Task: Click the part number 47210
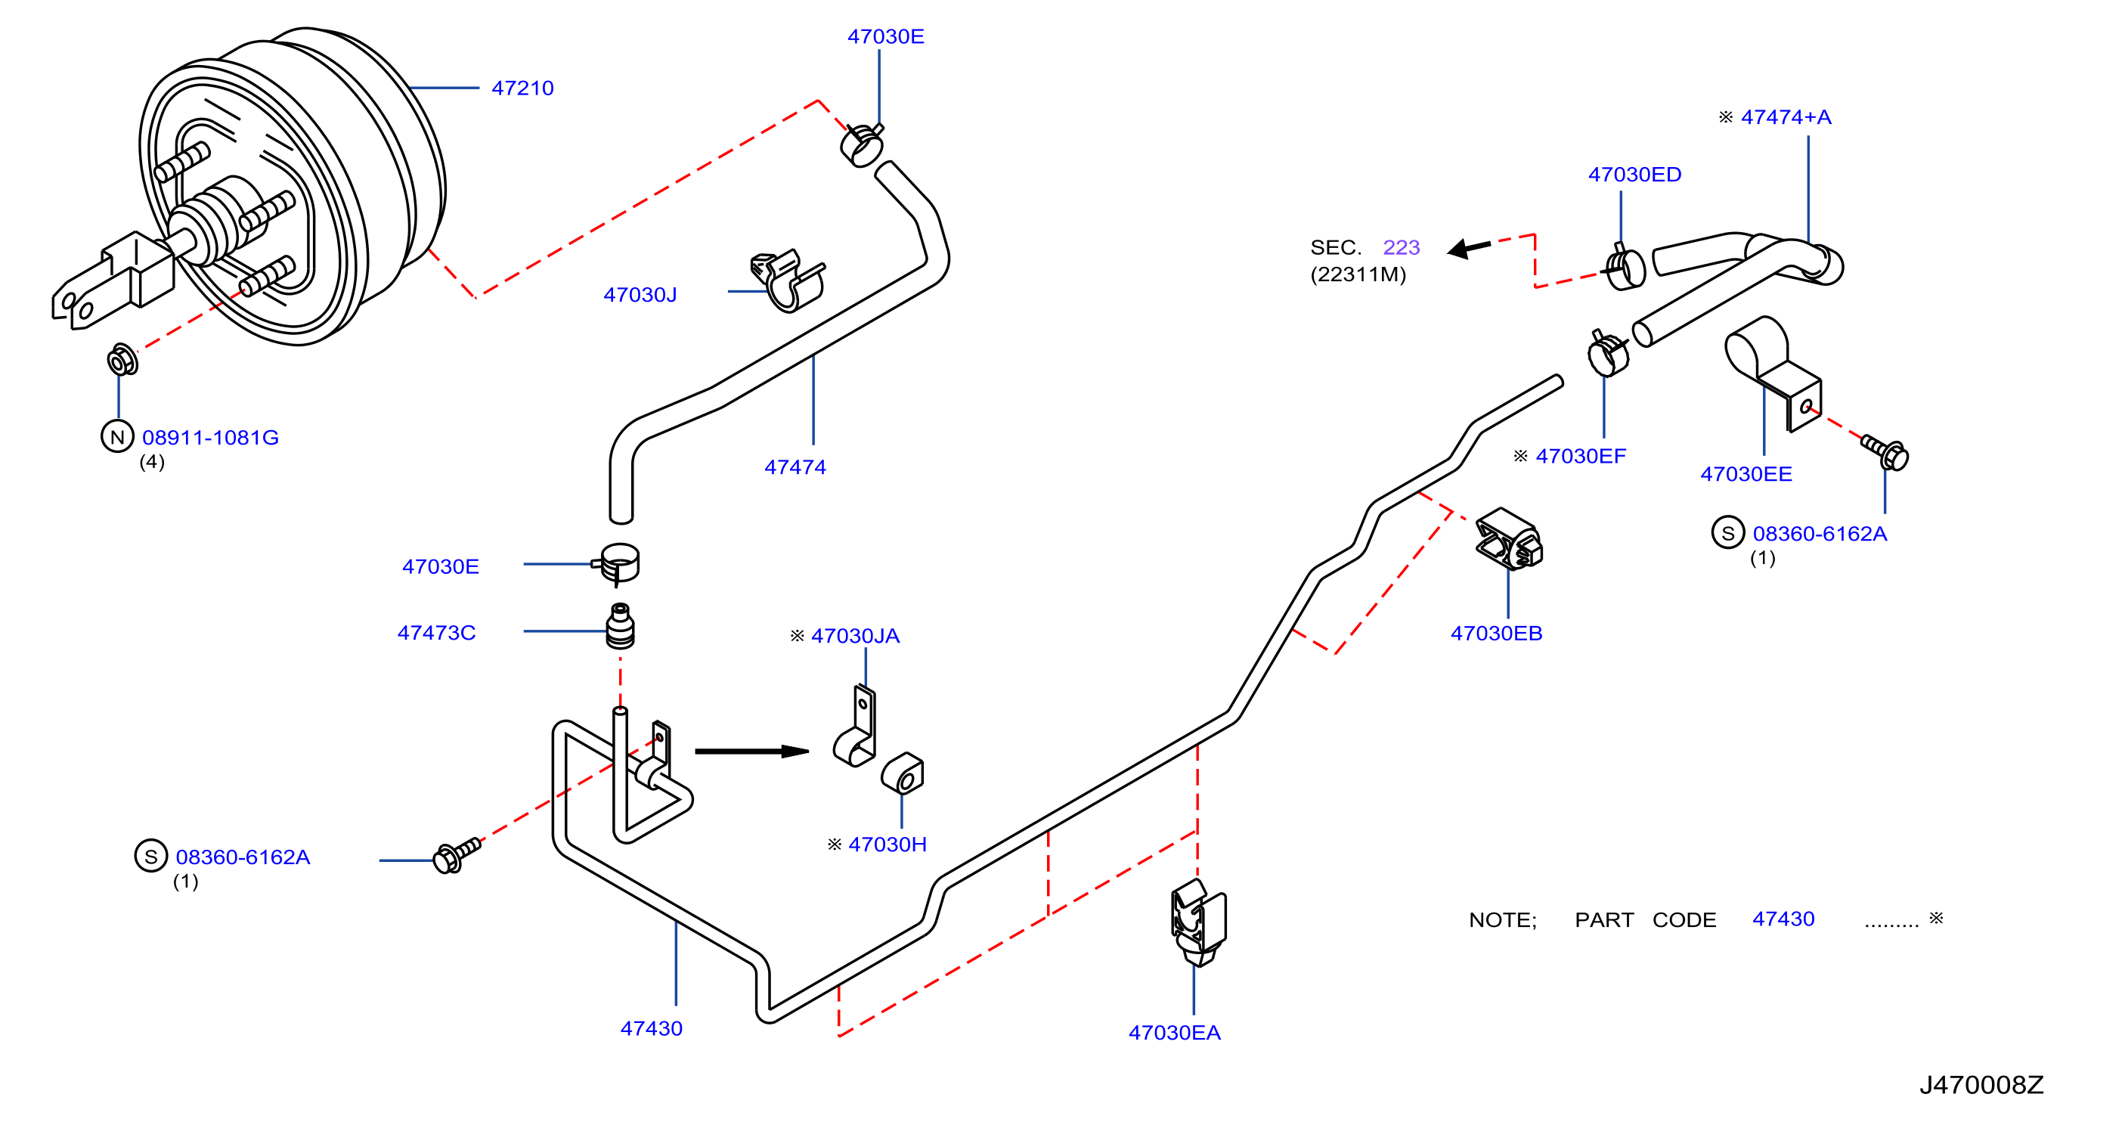(x=522, y=88)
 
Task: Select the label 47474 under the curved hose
(x=795, y=467)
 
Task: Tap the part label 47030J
(x=640, y=295)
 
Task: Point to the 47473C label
(x=436, y=633)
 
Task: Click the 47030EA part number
(x=1175, y=1033)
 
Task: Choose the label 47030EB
(x=1496, y=634)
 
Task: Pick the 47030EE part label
(x=1746, y=474)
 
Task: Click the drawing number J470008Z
(x=1981, y=1085)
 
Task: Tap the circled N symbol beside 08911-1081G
(x=117, y=436)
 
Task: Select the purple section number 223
(x=1402, y=247)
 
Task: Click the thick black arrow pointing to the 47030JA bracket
(x=751, y=752)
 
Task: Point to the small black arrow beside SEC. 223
(x=1469, y=247)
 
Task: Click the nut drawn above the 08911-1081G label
(x=122, y=361)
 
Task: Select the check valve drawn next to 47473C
(x=621, y=626)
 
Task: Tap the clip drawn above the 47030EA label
(x=1197, y=922)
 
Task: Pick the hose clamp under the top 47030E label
(x=862, y=145)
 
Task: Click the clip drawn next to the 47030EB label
(x=1509, y=540)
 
